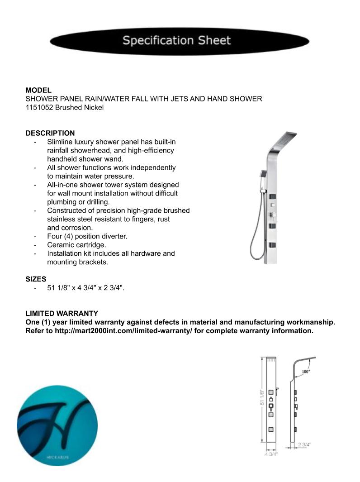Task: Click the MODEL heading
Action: coord(38,91)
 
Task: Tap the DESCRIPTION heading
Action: coord(50,133)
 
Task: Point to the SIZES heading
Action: coord(36,279)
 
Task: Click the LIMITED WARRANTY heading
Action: coord(62,313)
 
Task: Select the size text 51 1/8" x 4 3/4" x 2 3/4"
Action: coord(85,288)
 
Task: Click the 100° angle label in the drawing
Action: coord(306,371)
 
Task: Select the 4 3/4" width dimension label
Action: coord(271,453)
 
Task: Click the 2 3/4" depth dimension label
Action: coord(304,444)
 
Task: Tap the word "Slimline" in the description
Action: coord(61,142)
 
